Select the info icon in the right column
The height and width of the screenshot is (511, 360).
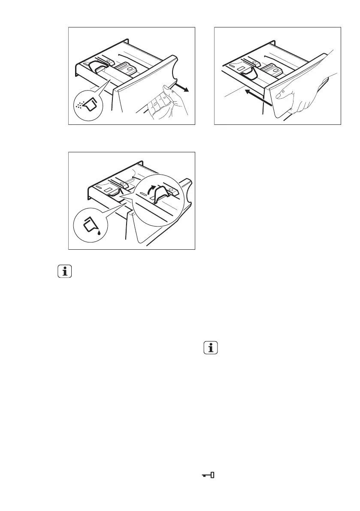tap(210, 348)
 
